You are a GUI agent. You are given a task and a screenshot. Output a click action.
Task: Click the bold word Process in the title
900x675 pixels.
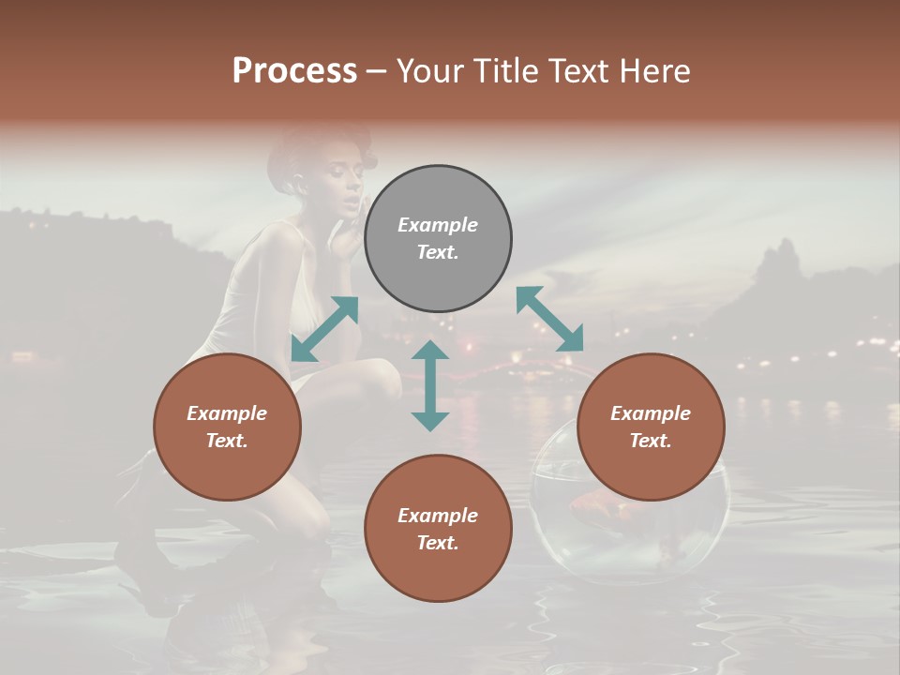click(294, 71)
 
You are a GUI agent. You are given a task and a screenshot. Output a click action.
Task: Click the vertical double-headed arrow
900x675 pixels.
click(430, 385)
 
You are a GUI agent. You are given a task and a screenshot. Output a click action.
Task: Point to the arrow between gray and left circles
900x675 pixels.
click(324, 328)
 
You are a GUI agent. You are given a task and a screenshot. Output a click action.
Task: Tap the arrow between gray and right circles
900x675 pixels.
click(549, 319)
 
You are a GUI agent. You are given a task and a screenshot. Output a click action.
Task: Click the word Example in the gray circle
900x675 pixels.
click(438, 225)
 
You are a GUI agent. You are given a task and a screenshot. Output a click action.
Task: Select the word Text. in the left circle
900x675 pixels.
click(227, 441)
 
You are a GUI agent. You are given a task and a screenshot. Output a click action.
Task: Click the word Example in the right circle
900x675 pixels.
click(651, 413)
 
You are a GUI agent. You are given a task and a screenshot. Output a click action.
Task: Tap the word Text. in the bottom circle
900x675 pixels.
click(438, 543)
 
